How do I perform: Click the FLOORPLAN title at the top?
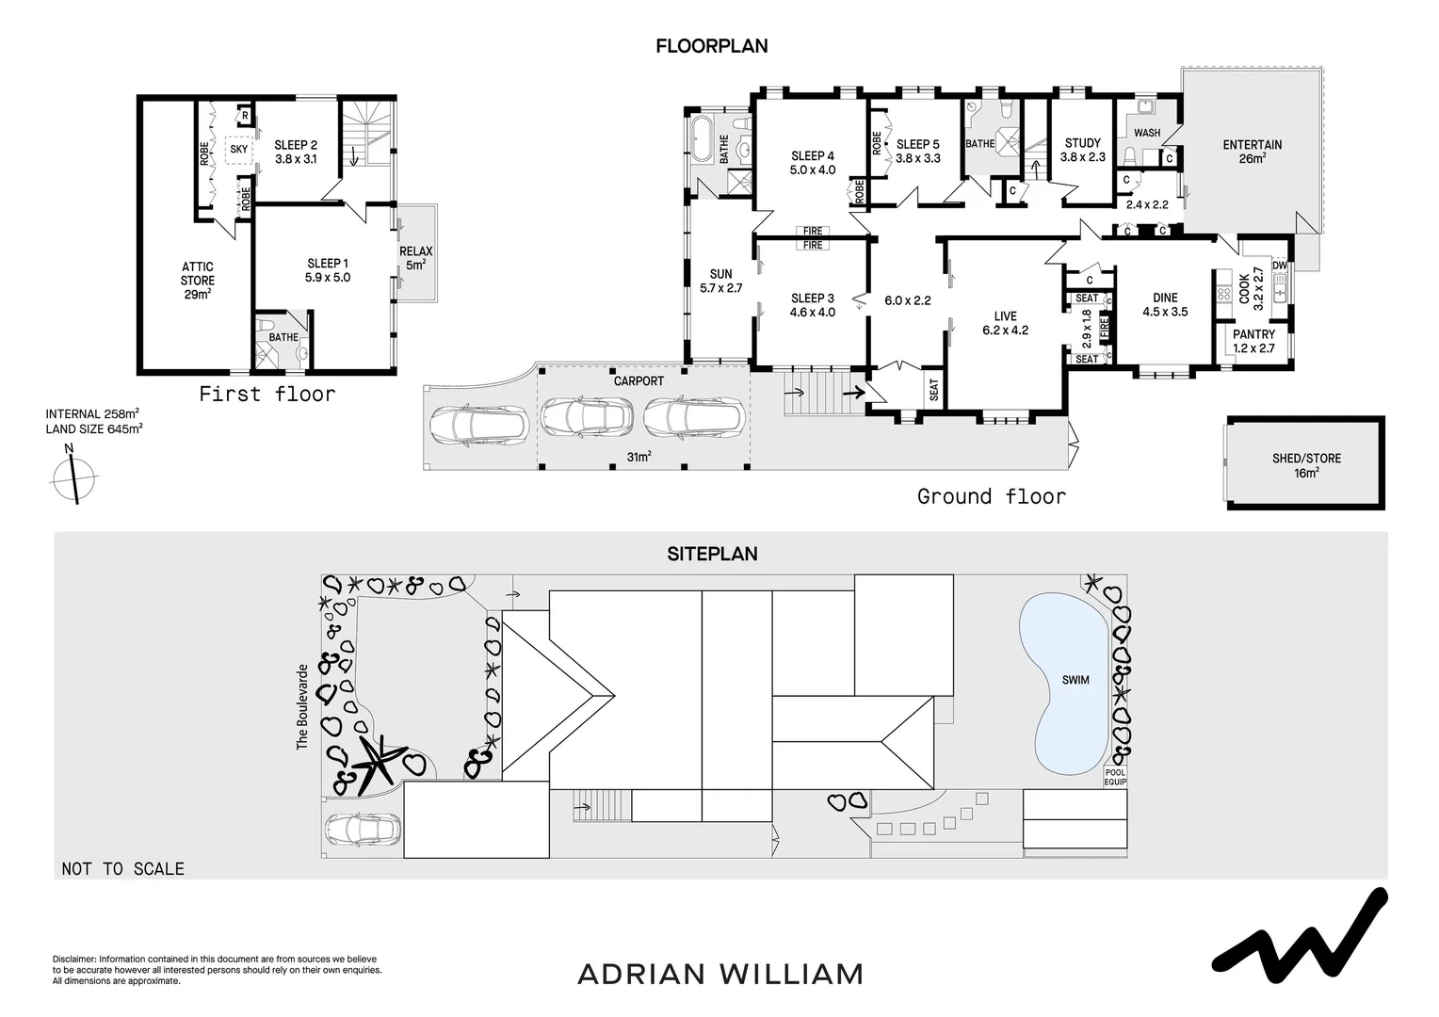tap(711, 45)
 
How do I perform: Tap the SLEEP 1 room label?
tap(328, 270)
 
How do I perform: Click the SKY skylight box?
tap(239, 150)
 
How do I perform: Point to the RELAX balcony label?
tap(415, 258)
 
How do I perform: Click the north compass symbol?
tap(73, 477)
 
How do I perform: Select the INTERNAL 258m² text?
tap(93, 413)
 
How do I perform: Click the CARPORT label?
tap(639, 381)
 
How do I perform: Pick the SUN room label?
tap(720, 282)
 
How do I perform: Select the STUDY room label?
tap(1082, 150)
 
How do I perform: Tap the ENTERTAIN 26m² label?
tap(1252, 152)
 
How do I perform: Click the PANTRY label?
tap(1253, 341)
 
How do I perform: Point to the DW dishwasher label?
tap(1279, 266)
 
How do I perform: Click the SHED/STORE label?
tap(1305, 465)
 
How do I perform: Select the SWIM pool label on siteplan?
tap(1075, 680)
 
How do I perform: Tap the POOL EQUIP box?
tap(1115, 777)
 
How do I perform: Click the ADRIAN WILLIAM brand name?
tap(719, 974)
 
